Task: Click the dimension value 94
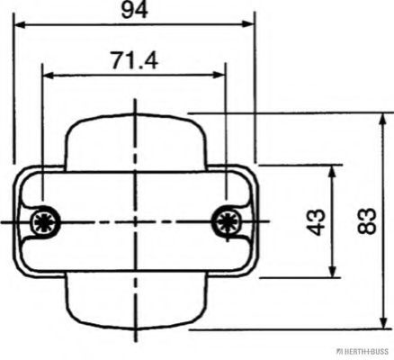(134, 11)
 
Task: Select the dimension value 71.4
(134, 60)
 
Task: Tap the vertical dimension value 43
(316, 222)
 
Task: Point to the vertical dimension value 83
(367, 220)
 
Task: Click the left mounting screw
(44, 222)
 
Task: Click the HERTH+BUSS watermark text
(363, 352)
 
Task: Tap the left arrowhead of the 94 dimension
(20, 24)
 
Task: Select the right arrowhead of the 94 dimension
(248, 24)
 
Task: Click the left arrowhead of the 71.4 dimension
(49, 75)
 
